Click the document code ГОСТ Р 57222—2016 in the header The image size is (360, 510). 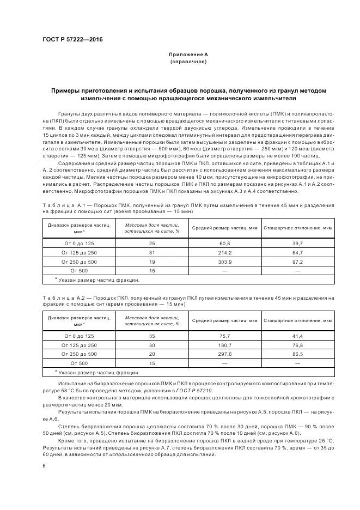pyautogui.click(x=72, y=39)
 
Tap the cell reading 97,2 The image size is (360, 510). pyautogui.click(x=298, y=261)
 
